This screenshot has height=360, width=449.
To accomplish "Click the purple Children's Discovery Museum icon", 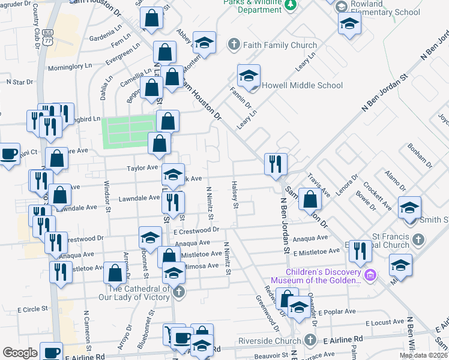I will tap(370, 275).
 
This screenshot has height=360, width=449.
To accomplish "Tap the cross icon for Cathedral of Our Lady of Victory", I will tap(178, 292).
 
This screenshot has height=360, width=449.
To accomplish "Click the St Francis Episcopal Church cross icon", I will tap(418, 241).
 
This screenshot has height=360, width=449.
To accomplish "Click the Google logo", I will tap(20, 353).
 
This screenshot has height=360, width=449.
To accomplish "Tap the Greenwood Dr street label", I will tap(267, 312).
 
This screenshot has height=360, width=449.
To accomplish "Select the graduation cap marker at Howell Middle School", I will tap(249, 76).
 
